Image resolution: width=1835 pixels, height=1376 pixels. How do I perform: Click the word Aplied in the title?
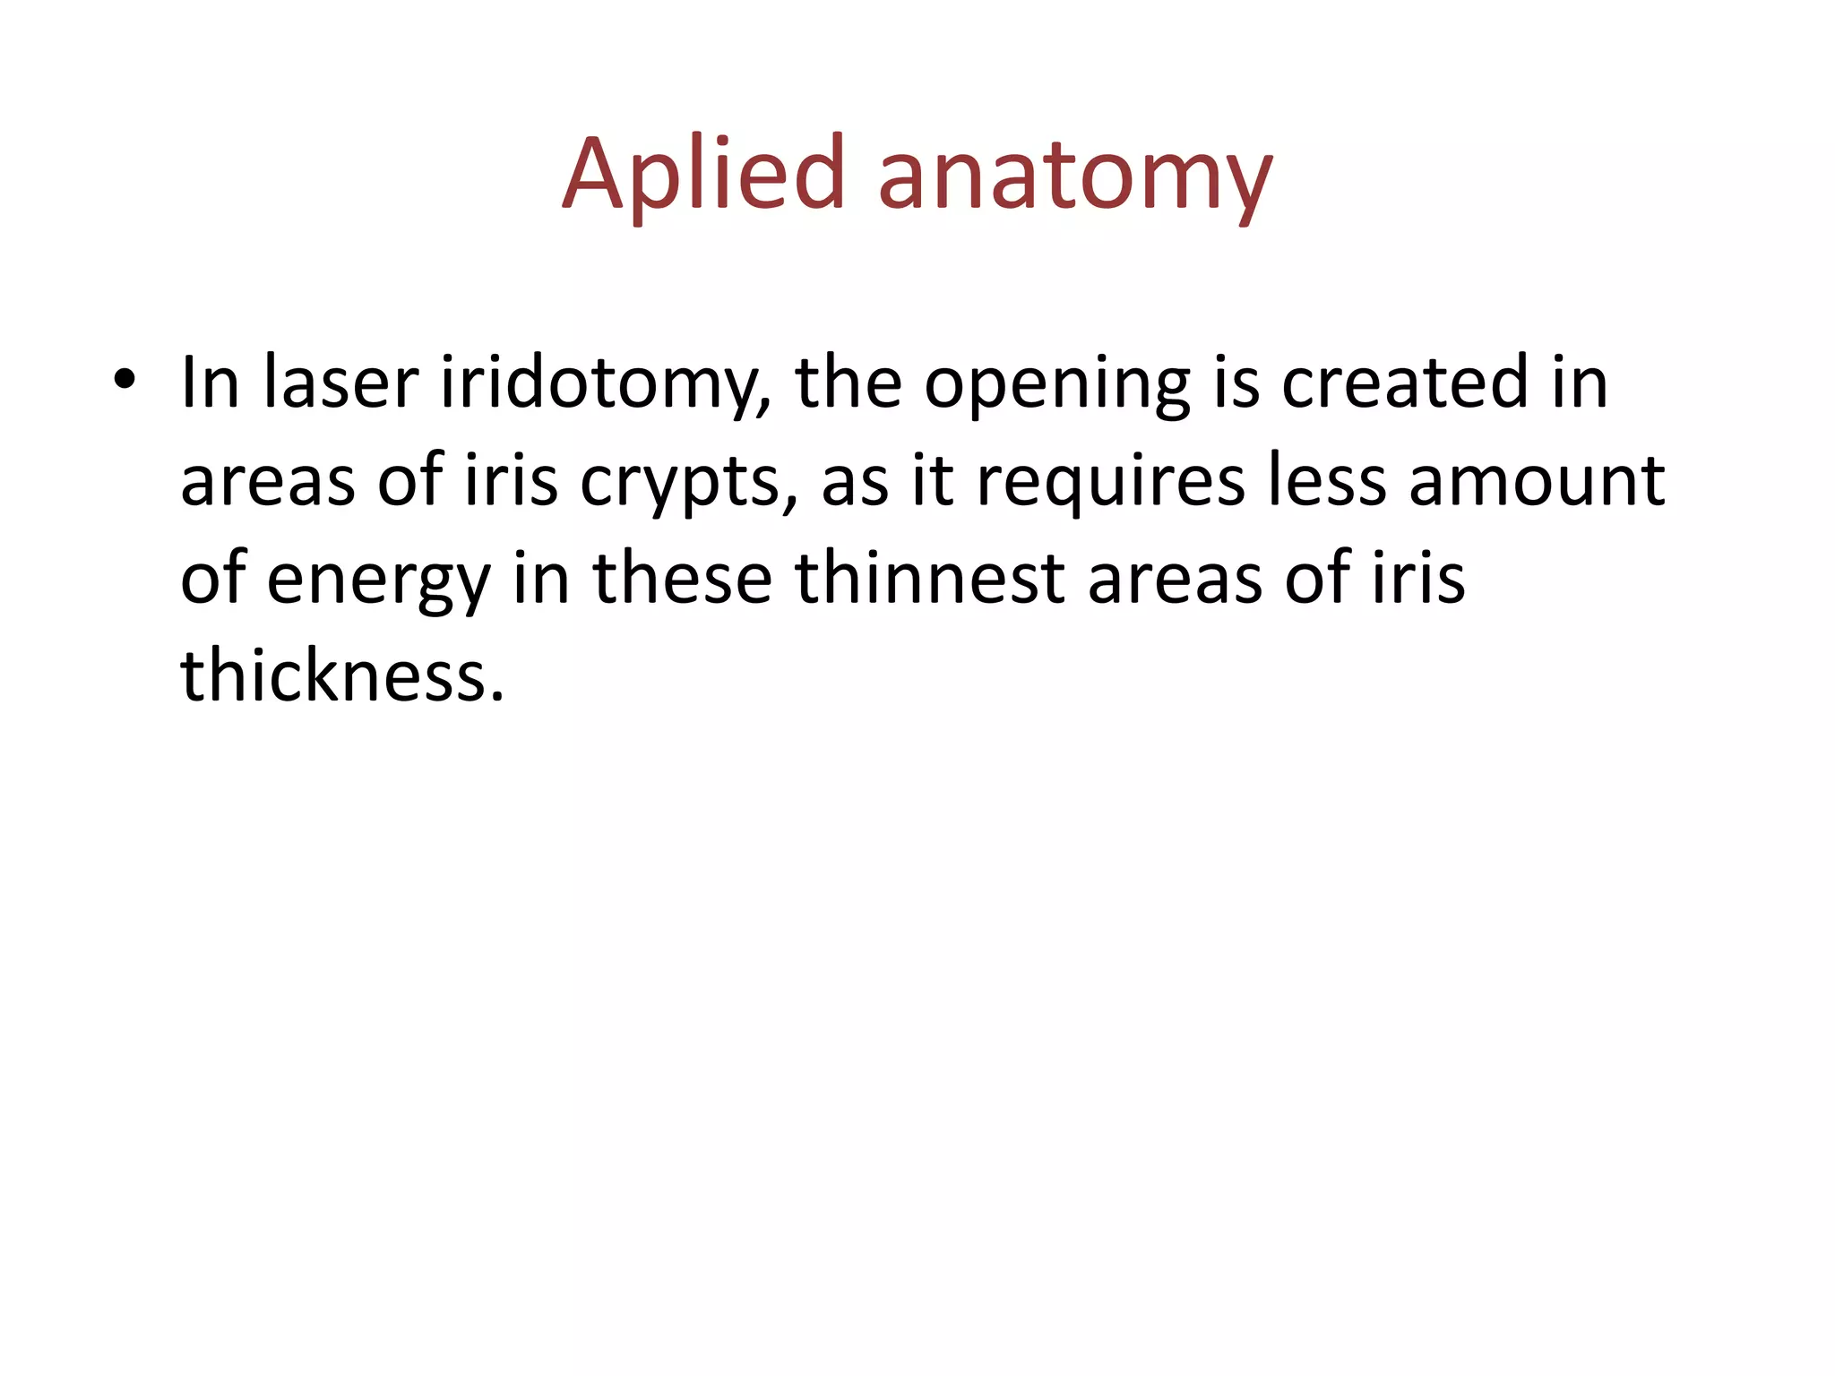coord(704,175)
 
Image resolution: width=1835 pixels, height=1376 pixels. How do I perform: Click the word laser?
coord(340,383)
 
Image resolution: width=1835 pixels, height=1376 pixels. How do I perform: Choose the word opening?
coord(1056,385)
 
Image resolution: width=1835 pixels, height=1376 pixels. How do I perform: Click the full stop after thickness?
coord(498,696)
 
